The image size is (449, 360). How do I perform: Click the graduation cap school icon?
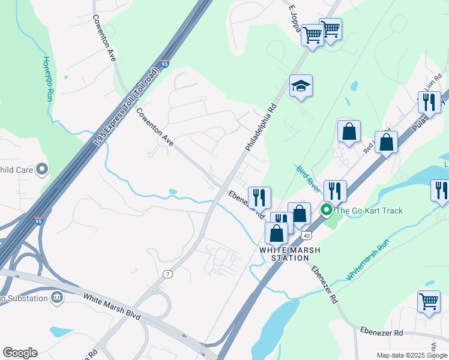(301, 86)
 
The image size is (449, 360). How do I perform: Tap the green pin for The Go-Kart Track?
(327, 210)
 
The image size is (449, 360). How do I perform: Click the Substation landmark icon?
(57, 297)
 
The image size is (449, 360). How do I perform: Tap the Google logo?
(20, 353)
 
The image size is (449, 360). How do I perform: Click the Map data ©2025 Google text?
(412, 355)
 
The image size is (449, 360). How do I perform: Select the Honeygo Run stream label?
(47, 79)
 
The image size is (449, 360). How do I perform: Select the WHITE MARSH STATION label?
(284, 254)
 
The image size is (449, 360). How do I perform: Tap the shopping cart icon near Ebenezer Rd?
(429, 301)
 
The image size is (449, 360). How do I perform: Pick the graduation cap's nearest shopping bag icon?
(349, 131)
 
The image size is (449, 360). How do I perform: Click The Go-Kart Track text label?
(369, 211)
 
